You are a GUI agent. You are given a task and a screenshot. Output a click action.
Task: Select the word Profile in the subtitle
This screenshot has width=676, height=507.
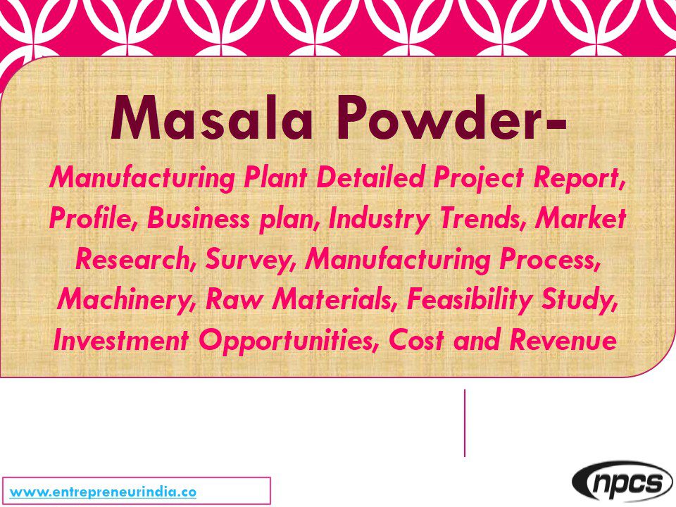(x=93, y=220)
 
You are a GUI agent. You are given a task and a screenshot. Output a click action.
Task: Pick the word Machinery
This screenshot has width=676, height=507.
(x=125, y=301)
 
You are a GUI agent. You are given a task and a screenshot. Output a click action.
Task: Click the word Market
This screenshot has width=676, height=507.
(x=581, y=220)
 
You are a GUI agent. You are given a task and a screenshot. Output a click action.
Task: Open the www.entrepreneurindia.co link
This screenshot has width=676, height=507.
(x=103, y=492)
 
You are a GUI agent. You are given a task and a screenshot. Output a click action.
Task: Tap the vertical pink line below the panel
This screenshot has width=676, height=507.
(x=465, y=423)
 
